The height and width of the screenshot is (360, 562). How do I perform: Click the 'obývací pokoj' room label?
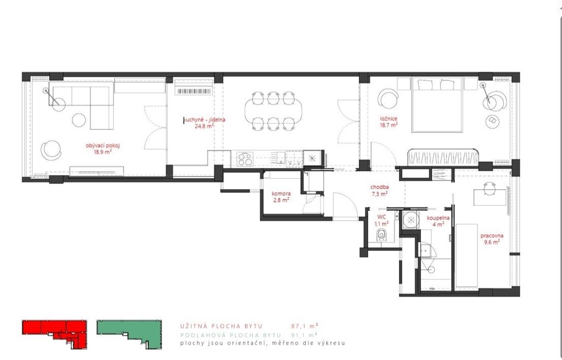point(103,145)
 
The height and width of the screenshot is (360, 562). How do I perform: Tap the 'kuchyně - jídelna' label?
point(205,120)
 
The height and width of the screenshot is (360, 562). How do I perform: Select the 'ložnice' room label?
point(389,119)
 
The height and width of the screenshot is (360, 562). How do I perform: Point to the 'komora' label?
point(281,194)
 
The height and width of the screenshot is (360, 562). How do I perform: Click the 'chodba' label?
point(380,187)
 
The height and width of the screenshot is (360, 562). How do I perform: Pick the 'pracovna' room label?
point(492,236)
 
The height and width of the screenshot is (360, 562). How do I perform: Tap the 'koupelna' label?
point(438,218)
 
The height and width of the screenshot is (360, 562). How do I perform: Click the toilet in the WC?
point(382,235)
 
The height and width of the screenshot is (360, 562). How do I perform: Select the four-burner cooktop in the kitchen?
point(245,159)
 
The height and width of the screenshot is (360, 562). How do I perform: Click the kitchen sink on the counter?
point(280,157)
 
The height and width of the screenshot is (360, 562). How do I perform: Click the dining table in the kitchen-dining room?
point(273,111)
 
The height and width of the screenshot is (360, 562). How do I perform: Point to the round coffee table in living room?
point(79,120)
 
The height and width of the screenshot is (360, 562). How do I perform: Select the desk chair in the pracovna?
point(490,188)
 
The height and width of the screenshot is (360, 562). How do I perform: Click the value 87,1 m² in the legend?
point(305,327)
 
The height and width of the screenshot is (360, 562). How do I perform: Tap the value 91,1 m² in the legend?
point(304,335)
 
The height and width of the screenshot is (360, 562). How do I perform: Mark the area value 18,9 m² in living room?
point(103,151)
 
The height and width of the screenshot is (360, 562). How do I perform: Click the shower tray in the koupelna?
point(411,220)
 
